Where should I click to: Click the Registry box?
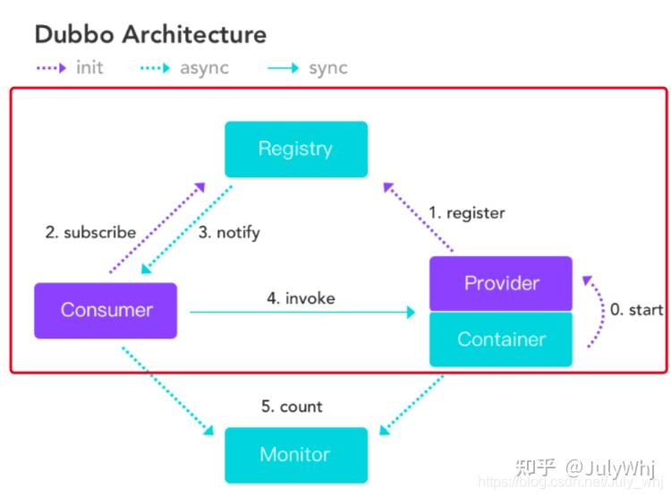296,150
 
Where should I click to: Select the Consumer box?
106,311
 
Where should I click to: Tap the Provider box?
501,283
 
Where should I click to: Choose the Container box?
501,339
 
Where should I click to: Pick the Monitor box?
296,455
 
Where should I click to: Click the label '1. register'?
467,213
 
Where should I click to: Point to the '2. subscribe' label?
90,232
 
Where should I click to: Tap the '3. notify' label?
229,233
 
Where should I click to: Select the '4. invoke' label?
301,298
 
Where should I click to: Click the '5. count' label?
292,407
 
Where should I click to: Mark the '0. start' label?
636,309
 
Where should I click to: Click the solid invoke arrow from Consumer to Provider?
302,312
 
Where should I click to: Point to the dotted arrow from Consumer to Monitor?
167,391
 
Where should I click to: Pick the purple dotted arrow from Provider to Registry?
418,217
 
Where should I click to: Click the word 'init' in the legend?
89,68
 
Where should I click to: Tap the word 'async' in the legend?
204,69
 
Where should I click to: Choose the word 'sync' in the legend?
328,69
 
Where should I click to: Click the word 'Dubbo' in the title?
74,34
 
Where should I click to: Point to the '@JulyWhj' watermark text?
610,468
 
